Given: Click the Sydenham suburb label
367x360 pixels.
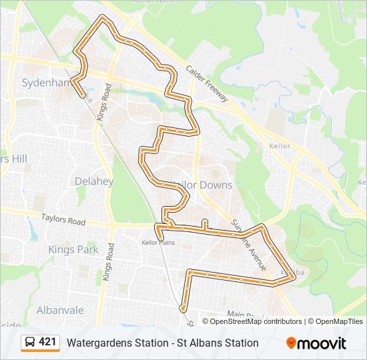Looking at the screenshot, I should (x=45, y=83).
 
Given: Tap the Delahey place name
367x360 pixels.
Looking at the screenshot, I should (x=94, y=181).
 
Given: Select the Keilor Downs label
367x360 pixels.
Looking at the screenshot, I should (x=202, y=185).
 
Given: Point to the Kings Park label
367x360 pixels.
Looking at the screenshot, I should (x=73, y=249).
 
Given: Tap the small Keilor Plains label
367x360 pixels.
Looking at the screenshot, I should (x=158, y=242).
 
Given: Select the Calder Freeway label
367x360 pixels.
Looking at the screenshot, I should (x=207, y=84).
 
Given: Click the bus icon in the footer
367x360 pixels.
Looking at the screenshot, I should (x=30, y=343).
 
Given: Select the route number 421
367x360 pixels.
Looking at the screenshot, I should (x=47, y=342).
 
